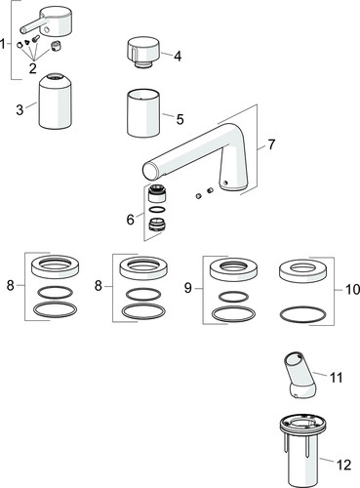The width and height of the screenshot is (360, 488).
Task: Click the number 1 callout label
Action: (x=5, y=44)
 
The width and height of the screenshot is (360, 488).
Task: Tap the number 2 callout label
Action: (x=33, y=70)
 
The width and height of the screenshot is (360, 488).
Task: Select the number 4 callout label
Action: (x=178, y=56)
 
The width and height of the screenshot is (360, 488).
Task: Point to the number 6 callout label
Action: (x=130, y=220)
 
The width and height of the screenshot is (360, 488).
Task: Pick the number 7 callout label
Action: (x=272, y=144)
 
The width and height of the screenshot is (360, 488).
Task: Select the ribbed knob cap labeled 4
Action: (x=141, y=50)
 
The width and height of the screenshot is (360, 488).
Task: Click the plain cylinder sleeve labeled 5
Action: (x=146, y=118)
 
